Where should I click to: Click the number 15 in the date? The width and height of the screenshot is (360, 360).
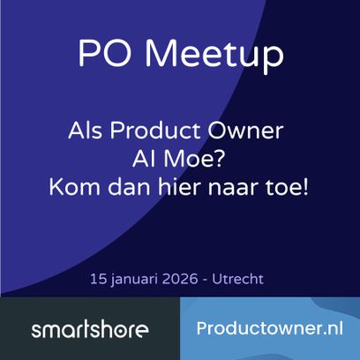(98, 278)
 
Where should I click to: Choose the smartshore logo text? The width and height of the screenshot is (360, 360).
(89, 331)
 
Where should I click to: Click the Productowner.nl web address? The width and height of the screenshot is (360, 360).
(270, 328)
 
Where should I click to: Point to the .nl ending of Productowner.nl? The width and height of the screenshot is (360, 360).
(329, 328)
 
